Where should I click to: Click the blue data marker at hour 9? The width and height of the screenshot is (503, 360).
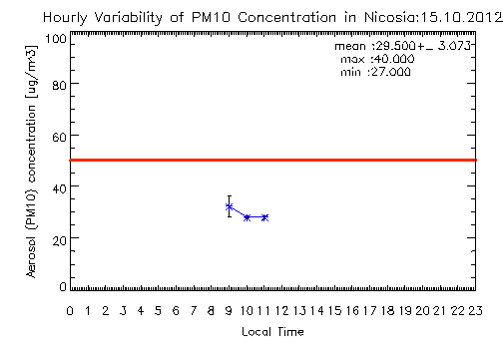tap(229, 206)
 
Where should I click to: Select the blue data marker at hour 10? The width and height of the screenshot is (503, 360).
tap(247, 217)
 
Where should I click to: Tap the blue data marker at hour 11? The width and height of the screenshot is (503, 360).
tap(264, 217)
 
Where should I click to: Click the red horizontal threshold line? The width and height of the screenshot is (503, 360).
tap(272, 161)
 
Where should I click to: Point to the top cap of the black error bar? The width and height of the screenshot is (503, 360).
tap(230, 196)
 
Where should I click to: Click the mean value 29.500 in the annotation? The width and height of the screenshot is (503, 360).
tap(396, 46)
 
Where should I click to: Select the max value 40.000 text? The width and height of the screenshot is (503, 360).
tap(393, 59)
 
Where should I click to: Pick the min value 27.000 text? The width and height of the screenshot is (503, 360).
tap(390, 72)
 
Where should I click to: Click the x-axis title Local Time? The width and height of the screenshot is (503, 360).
tap(272, 332)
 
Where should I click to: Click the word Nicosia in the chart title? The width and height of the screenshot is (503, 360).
tap(390, 17)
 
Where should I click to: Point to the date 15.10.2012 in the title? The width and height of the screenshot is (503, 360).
tap(461, 17)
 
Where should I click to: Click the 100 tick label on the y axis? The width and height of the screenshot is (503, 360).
tap(56, 39)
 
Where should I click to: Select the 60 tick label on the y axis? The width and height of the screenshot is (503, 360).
tap(60, 137)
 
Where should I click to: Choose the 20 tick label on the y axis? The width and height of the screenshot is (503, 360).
tap(60, 239)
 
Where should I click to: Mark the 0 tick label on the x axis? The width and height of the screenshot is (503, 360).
tap(70, 311)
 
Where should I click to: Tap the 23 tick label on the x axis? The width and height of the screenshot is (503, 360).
tap(475, 311)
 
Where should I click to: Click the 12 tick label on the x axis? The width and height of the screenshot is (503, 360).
tap(282, 311)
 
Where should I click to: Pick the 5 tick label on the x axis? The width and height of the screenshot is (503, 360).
tap(158, 311)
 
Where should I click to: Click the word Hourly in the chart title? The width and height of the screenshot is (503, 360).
tap(65, 17)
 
